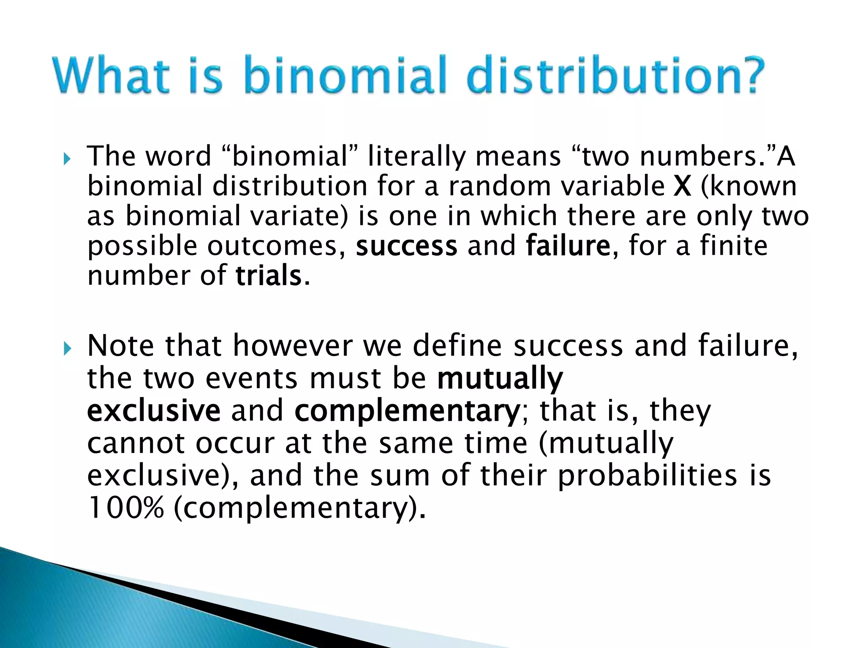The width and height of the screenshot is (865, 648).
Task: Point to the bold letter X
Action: pos(682,186)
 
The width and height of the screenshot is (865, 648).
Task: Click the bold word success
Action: pos(406,246)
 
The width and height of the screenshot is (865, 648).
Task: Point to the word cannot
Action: pos(136,444)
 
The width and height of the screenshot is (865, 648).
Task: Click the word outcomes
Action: pos(272,246)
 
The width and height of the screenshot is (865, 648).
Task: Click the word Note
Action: pos(121,346)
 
